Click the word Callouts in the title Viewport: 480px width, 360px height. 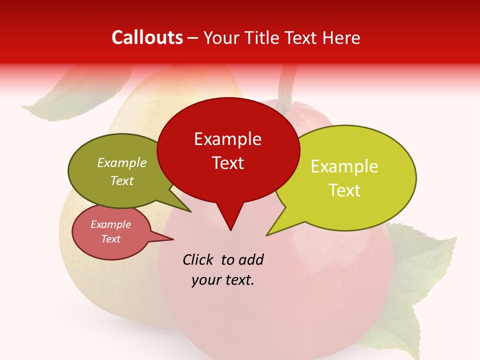[x=147, y=37]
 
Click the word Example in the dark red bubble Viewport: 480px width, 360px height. [x=227, y=139]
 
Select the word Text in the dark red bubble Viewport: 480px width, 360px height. [x=227, y=163]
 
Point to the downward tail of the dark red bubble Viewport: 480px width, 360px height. [x=230, y=222]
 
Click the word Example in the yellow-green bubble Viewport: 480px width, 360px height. [x=344, y=166]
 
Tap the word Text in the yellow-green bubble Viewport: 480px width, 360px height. [x=344, y=190]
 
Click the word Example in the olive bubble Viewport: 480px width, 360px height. [x=122, y=163]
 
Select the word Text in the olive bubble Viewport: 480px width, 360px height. [x=122, y=180]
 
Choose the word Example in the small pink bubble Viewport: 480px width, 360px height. [x=110, y=224]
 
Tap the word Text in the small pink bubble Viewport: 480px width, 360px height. [x=110, y=239]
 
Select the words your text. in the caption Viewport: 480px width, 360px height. [x=223, y=280]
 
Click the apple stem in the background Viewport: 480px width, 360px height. [x=286, y=85]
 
